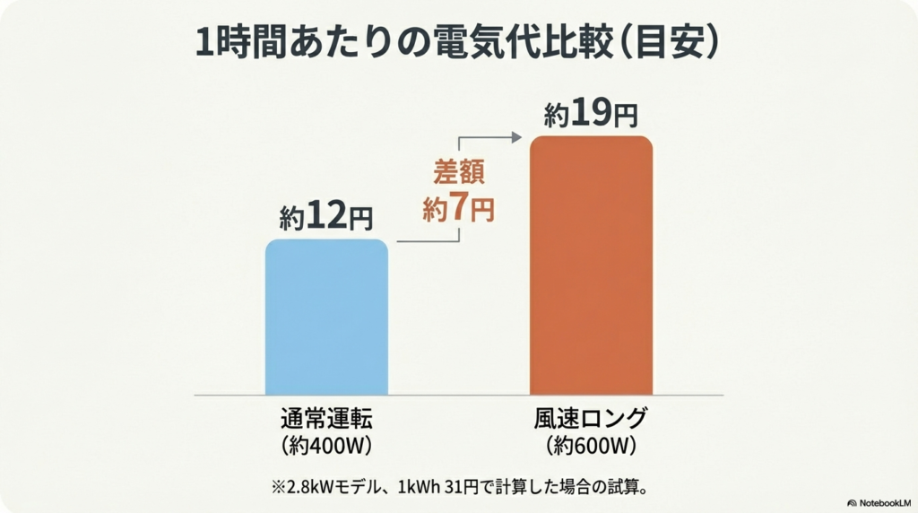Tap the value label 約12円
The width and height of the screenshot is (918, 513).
click(x=325, y=217)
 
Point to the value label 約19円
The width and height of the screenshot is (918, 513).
click(x=592, y=115)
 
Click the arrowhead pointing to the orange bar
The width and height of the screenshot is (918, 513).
click(x=517, y=137)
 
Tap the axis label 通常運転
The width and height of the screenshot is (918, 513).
click(x=325, y=418)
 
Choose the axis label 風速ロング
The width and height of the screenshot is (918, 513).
click(x=590, y=418)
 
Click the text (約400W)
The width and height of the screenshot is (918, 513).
click(x=325, y=444)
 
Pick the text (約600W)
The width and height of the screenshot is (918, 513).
click(x=590, y=444)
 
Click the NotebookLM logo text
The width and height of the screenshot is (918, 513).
click(x=882, y=503)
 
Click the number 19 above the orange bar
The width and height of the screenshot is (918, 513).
click(x=592, y=115)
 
